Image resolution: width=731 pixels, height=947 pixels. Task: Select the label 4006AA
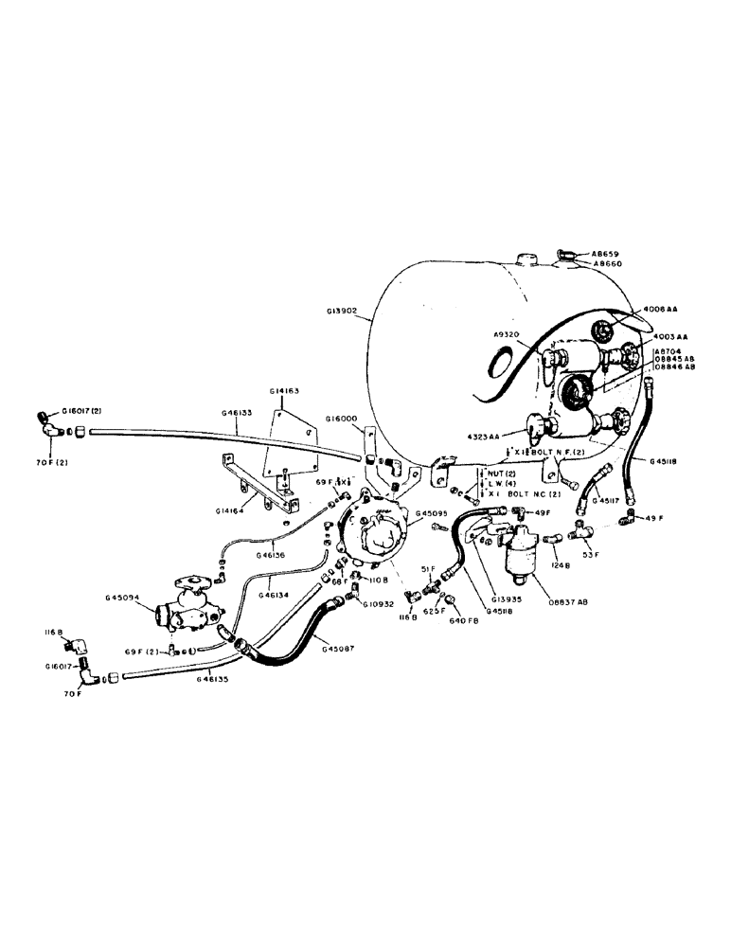pos(665,310)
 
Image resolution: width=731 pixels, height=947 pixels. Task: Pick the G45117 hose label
pos(607,499)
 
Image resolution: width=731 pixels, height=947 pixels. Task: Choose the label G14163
pos(287,392)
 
